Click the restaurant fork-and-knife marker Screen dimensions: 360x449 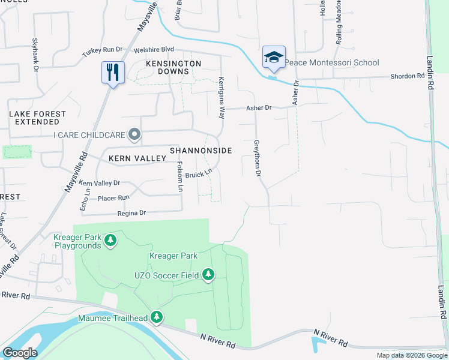click(x=113, y=73)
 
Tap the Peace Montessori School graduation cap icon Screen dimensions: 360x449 click(x=274, y=58)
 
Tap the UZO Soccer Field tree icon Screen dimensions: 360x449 click(x=208, y=275)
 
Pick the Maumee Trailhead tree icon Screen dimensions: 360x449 click(x=157, y=317)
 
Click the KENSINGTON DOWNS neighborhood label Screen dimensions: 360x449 click(x=173, y=67)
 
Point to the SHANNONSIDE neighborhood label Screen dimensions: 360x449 click(x=200, y=151)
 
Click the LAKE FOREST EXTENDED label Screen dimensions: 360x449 click(x=34, y=118)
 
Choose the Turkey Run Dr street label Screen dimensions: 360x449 click(x=102, y=52)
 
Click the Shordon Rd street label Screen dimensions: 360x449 click(x=408, y=76)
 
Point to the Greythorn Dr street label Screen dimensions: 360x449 click(x=258, y=158)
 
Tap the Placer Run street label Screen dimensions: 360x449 click(x=113, y=197)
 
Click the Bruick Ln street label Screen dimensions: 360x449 click(x=199, y=175)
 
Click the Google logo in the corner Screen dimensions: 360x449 click(x=20, y=353)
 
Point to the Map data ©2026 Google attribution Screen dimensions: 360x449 click(x=412, y=355)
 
